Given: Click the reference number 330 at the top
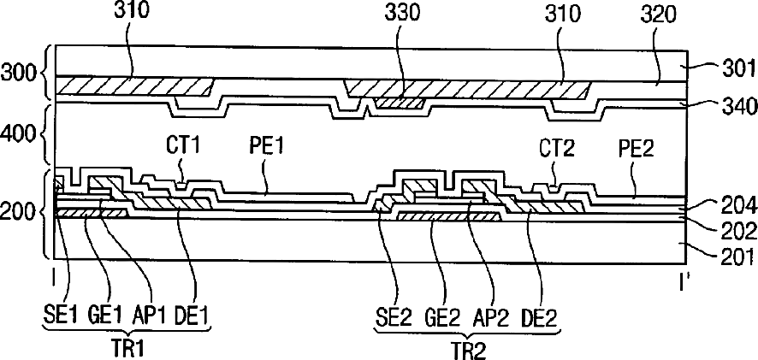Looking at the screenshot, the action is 403,14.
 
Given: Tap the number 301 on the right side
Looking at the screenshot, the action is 737,71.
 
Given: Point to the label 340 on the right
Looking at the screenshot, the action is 738,106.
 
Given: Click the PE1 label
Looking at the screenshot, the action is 264,146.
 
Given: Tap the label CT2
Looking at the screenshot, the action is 558,149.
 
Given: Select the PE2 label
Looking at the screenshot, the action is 637,149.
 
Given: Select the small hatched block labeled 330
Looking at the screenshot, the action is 400,103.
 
